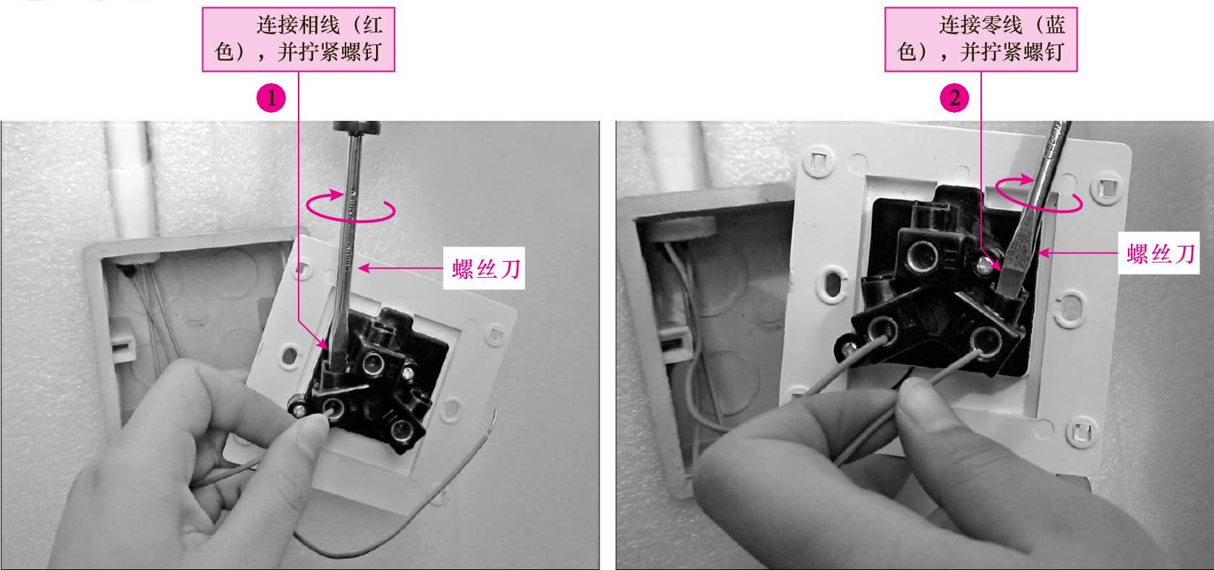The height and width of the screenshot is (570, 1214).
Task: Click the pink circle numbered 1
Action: (x=271, y=98)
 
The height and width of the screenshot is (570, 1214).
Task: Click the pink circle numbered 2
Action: (x=954, y=98)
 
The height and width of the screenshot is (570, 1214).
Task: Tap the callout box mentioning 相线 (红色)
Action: (x=299, y=39)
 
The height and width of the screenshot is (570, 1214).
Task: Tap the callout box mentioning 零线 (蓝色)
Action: (x=981, y=39)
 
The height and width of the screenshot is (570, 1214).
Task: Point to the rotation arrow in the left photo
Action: (x=351, y=206)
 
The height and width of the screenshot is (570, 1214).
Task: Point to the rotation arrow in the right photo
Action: (x=1039, y=194)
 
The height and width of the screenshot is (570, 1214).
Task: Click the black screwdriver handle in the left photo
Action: (x=356, y=127)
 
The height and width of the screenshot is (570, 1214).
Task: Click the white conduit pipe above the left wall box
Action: (x=129, y=179)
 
